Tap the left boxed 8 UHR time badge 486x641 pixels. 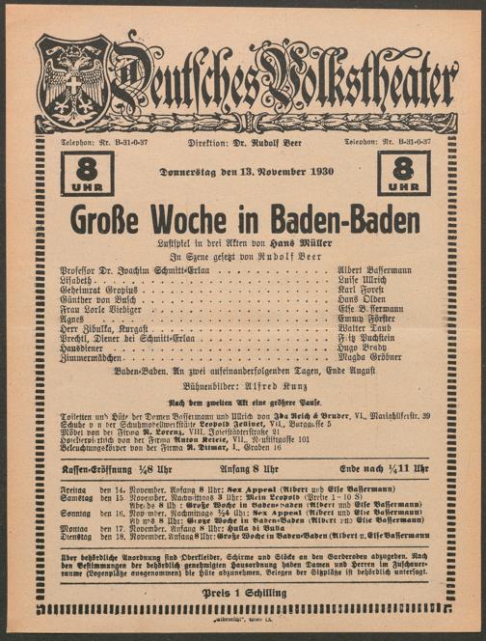tap(87, 173)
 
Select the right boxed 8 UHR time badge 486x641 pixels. tap(404, 173)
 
